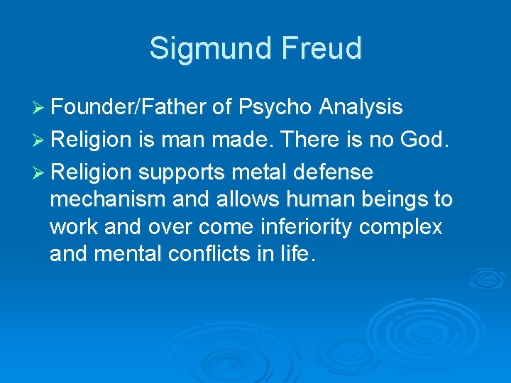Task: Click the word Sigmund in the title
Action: point(205,48)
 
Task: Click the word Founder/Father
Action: point(130,107)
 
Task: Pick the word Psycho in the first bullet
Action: point(275,108)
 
